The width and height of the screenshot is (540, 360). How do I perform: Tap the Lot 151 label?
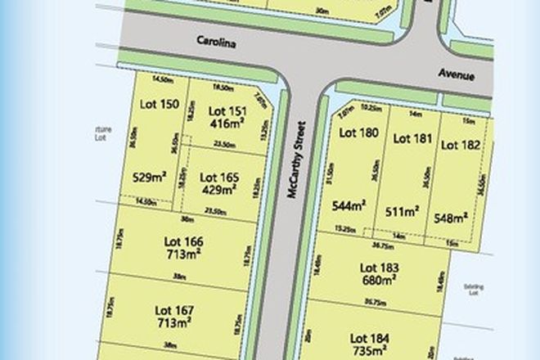[227, 110]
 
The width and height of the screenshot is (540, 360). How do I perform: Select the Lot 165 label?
[218, 176]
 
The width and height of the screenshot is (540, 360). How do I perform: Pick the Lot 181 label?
[412, 139]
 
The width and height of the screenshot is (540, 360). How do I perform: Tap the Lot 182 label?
[460, 145]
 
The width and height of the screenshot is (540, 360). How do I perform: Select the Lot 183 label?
[379, 267]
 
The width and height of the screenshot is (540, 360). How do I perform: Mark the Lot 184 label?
[369, 337]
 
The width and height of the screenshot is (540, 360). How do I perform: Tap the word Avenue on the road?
[456, 73]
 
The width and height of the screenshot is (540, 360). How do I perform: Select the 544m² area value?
[349, 205]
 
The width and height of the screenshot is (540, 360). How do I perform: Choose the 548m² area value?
[452, 217]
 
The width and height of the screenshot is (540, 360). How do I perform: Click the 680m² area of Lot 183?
[379, 279]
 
